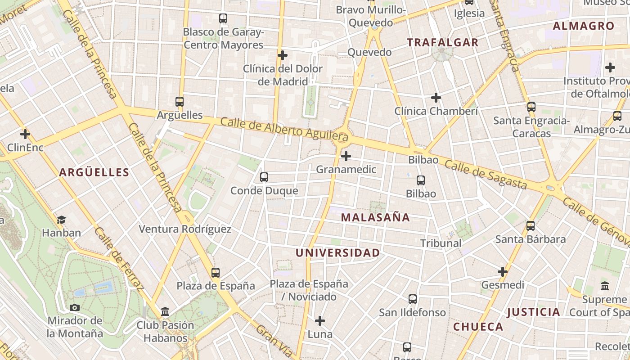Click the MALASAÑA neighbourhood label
coord(375,217)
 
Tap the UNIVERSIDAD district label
coord(337,253)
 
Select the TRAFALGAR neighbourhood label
coord(443,43)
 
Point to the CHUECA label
coord(478,327)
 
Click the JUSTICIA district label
coord(534,312)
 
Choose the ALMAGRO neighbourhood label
coord(583,26)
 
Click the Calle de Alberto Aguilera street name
coord(284,127)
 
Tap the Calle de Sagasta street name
coord(486,175)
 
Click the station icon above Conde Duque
coord(264,177)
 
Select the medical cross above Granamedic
coord(346,156)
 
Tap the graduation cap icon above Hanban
coord(61,220)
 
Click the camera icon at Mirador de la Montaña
coord(75,308)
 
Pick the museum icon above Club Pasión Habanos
coord(165,311)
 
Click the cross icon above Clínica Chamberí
coord(436,97)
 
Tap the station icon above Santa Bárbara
coord(531,226)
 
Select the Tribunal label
coord(441,243)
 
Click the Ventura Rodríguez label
coord(185,229)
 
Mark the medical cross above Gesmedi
coord(503,272)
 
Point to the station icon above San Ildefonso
coord(413,299)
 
